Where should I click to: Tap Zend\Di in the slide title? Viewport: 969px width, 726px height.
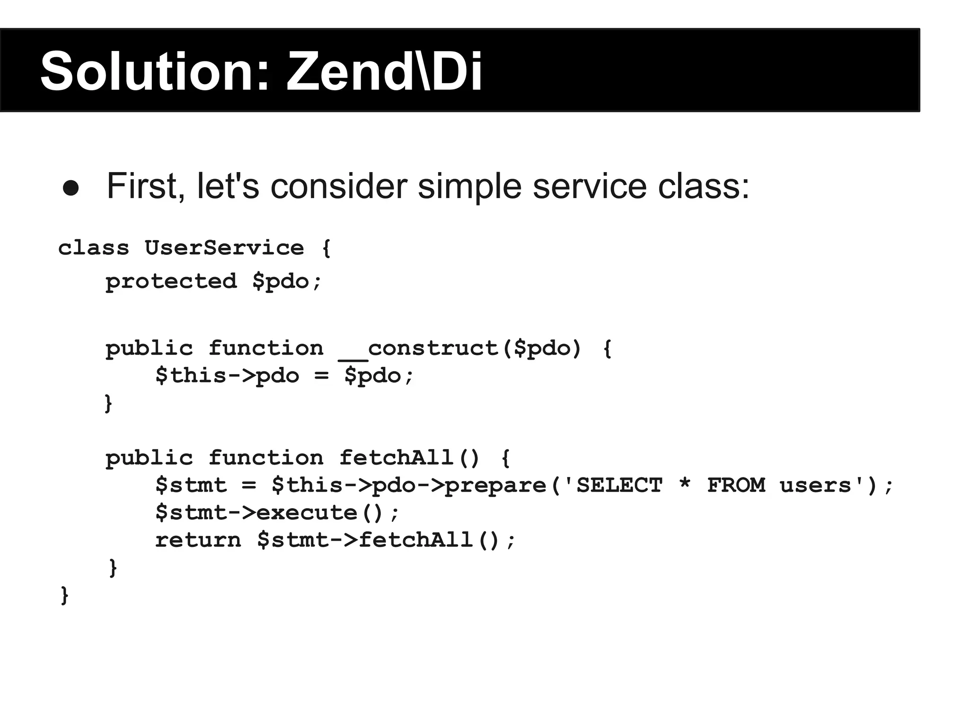pyautogui.click(x=384, y=72)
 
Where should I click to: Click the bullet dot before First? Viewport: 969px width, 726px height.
pyautogui.click(x=70, y=188)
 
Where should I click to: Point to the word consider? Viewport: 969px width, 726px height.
pyautogui.click(x=339, y=186)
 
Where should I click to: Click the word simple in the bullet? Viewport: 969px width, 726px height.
pyautogui.click(x=469, y=186)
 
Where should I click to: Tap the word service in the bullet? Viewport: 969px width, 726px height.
pyautogui.click(x=590, y=186)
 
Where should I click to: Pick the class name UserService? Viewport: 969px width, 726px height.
pyautogui.click(x=224, y=248)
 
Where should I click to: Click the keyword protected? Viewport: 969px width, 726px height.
pyautogui.click(x=171, y=281)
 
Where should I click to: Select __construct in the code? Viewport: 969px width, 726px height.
pyautogui.click(x=419, y=349)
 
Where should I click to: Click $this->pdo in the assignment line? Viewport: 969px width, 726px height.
pyautogui.click(x=227, y=376)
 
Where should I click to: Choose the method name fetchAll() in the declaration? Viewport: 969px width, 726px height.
pyautogui.click(x=410, y=458)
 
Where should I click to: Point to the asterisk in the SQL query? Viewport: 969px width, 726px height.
pyautogui.click(x=684, y=484)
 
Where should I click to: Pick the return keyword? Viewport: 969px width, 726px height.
pyautogui.click(x=198, y=540)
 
